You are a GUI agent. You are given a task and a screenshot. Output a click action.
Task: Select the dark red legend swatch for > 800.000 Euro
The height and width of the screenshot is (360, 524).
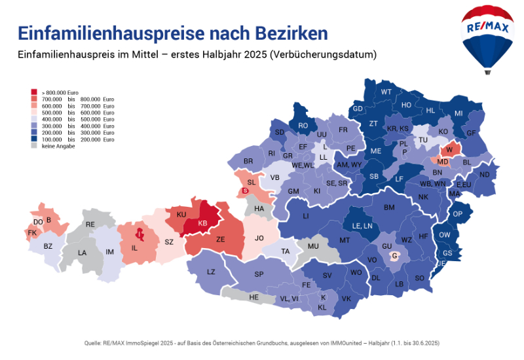(34, 92)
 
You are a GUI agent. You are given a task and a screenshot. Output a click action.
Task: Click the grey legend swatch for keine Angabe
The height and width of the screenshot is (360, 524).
(34, 146)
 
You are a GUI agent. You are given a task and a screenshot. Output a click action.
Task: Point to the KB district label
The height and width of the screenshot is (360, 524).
(202, 223)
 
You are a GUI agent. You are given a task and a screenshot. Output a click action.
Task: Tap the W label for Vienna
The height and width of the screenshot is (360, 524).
(449, 150)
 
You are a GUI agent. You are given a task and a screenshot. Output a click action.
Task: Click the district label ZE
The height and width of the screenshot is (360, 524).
(221, 240)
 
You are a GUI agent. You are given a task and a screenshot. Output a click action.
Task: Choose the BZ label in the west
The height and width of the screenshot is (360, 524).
(48, 246)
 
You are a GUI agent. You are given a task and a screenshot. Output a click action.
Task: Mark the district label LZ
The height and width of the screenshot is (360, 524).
(210, 272)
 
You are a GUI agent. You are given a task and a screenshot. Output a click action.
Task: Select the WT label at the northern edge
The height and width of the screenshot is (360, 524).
(386, 92)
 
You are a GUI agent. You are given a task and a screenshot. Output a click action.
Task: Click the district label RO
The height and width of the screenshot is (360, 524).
(303, 126)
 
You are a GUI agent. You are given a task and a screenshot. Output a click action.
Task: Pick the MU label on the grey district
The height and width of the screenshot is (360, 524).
(312, 246)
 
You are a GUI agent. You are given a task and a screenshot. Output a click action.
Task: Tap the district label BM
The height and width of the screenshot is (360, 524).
(389, 207)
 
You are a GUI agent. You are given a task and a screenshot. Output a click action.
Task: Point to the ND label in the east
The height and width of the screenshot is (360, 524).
(484, 175)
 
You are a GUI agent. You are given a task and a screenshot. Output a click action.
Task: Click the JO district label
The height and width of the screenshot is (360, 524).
(259, 238)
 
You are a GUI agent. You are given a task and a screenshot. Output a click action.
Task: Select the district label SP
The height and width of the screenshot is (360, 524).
(259, 274)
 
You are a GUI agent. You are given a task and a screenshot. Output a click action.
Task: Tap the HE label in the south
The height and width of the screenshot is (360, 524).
(254, 297)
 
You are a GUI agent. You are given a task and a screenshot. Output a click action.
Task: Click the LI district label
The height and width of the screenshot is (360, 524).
(305, 216)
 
